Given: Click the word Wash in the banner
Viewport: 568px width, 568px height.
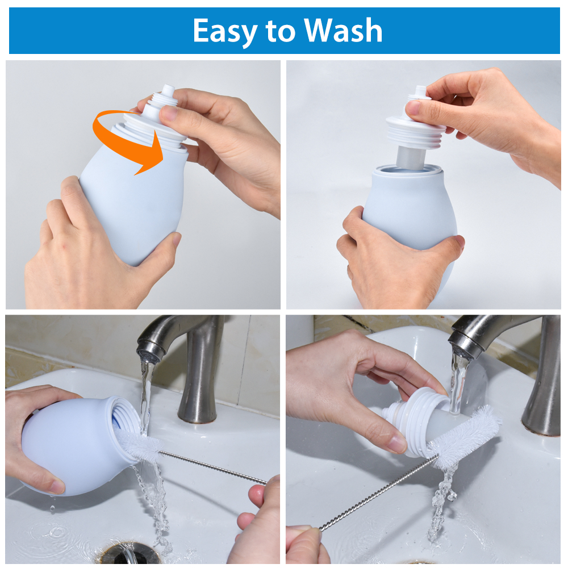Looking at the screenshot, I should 343,31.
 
